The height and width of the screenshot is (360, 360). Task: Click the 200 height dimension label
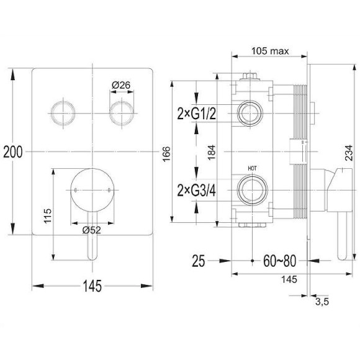13,152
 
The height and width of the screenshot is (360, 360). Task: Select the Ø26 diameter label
121,85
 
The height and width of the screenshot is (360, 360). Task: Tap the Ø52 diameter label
92,230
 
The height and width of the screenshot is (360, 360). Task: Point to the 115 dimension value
48,216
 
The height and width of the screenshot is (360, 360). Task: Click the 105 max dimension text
270,51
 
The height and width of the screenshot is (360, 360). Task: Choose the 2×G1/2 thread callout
196,114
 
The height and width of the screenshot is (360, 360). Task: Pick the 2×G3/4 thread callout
196,191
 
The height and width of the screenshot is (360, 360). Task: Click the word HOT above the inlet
252,168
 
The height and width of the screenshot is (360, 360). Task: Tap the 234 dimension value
349,153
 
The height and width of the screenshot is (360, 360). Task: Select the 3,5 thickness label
322,302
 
